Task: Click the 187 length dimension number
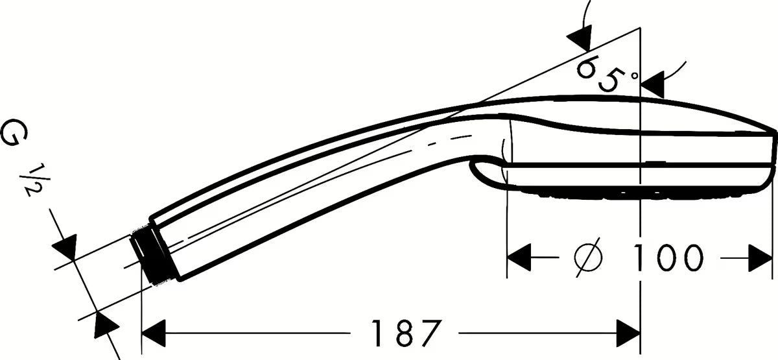407,333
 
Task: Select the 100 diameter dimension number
668,258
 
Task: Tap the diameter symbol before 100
589,258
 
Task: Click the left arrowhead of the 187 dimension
154,333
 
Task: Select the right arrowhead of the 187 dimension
628,333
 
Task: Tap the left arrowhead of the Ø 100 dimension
519,258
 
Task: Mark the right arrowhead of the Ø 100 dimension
760,258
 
